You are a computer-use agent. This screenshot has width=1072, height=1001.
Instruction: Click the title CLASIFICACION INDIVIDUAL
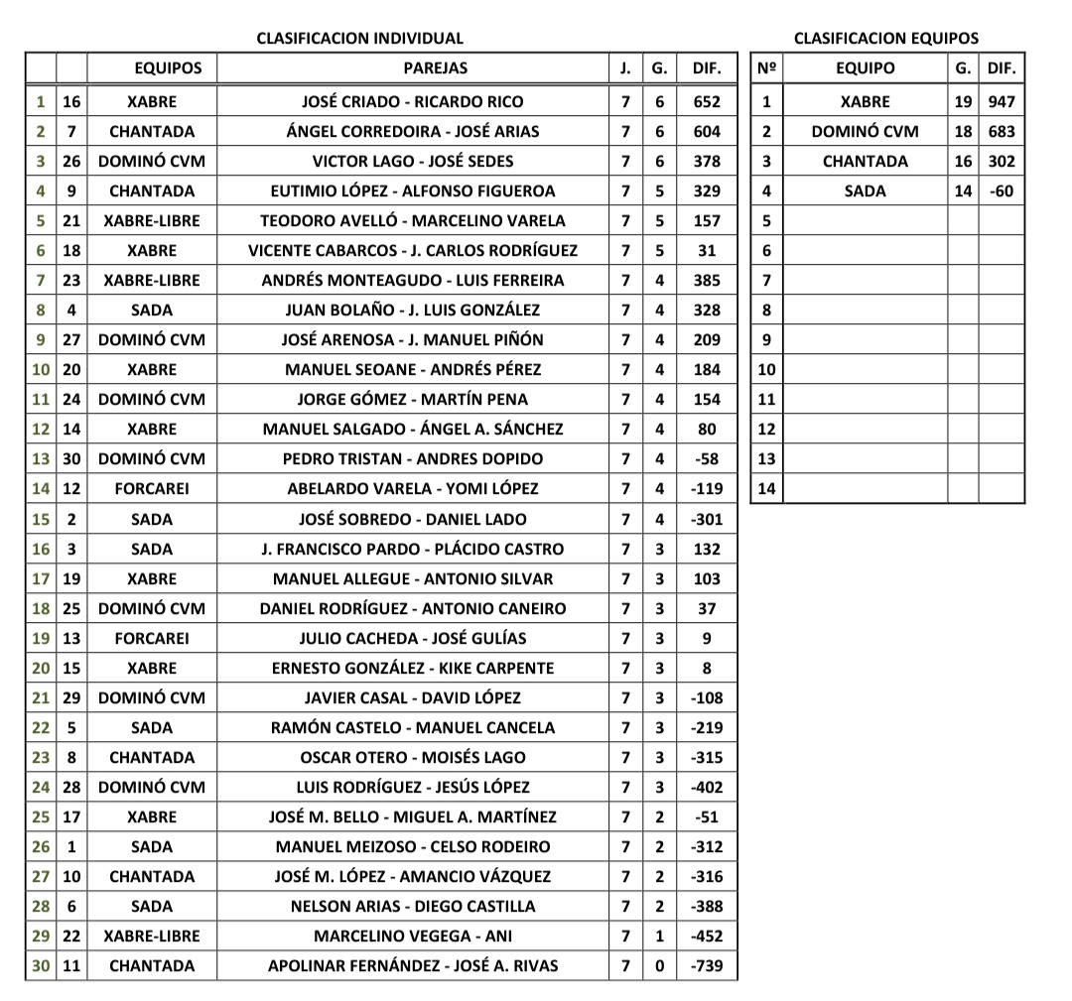359,39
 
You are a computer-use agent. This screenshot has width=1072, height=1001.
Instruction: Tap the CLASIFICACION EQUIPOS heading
885,39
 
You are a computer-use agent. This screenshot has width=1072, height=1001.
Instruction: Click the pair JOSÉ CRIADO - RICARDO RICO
412,101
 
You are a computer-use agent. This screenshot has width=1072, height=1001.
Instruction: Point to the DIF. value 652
707,101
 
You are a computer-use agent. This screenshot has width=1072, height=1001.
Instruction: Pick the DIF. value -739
707,965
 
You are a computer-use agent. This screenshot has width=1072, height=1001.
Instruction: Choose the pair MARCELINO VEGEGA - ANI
412,936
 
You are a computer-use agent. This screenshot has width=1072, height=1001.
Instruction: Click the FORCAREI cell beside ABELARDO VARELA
152,488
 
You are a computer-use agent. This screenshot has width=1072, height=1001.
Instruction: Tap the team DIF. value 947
1002,101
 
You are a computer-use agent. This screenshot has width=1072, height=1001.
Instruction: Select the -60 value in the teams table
1002,190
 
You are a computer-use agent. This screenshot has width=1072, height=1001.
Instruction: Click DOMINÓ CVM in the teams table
865,131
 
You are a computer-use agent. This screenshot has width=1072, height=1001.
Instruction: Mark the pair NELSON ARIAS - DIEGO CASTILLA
412,906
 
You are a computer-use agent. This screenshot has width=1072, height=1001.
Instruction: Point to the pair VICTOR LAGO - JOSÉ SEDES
412,161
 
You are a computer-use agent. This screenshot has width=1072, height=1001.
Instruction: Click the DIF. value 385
707,280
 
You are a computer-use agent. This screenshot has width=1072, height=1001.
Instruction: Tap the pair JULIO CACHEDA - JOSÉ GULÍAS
412,638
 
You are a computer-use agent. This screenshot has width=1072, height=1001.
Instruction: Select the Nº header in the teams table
766,68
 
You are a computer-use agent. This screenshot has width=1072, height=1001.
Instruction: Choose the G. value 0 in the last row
659,965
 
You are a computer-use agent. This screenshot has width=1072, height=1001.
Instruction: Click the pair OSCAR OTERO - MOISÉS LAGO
412,757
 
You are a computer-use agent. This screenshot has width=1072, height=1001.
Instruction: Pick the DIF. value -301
707,519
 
